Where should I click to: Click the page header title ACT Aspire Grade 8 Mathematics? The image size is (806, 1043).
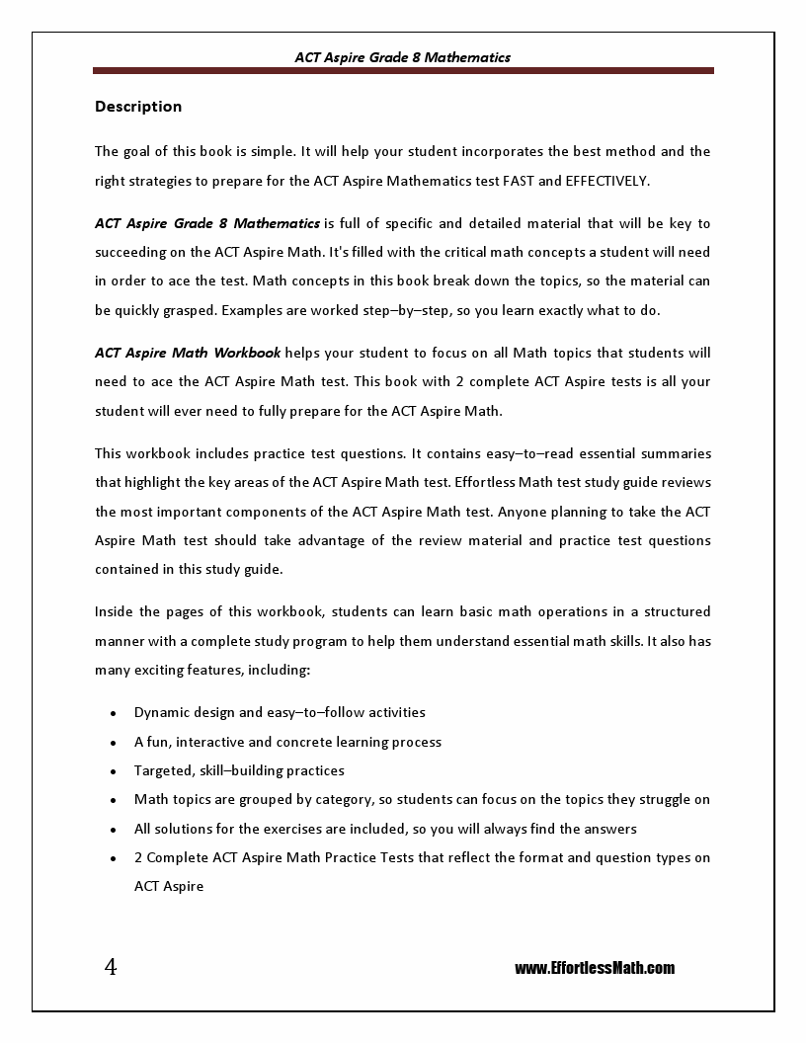pyautogui.click(x=402, y=57)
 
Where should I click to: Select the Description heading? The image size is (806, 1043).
pyautogui.click(x=138, y=107)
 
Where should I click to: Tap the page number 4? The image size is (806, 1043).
pyautogui.click(x=111, y=967)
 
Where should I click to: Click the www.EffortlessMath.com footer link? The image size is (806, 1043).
pyautogui.click(x=595, y=968)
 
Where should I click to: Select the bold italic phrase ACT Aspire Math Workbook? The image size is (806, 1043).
pyautogui.click(x=188, y=353)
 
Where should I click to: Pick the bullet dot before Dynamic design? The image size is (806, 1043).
pyautogui.click(x=115, y=713)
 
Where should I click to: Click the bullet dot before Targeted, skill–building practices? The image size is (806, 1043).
pyautogui.click(x=115, y=771)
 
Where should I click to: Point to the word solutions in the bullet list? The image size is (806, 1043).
pyautogui.click(x=182, y=829)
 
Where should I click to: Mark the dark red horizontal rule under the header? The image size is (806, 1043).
pyautogui.click(x=403, y=71)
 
